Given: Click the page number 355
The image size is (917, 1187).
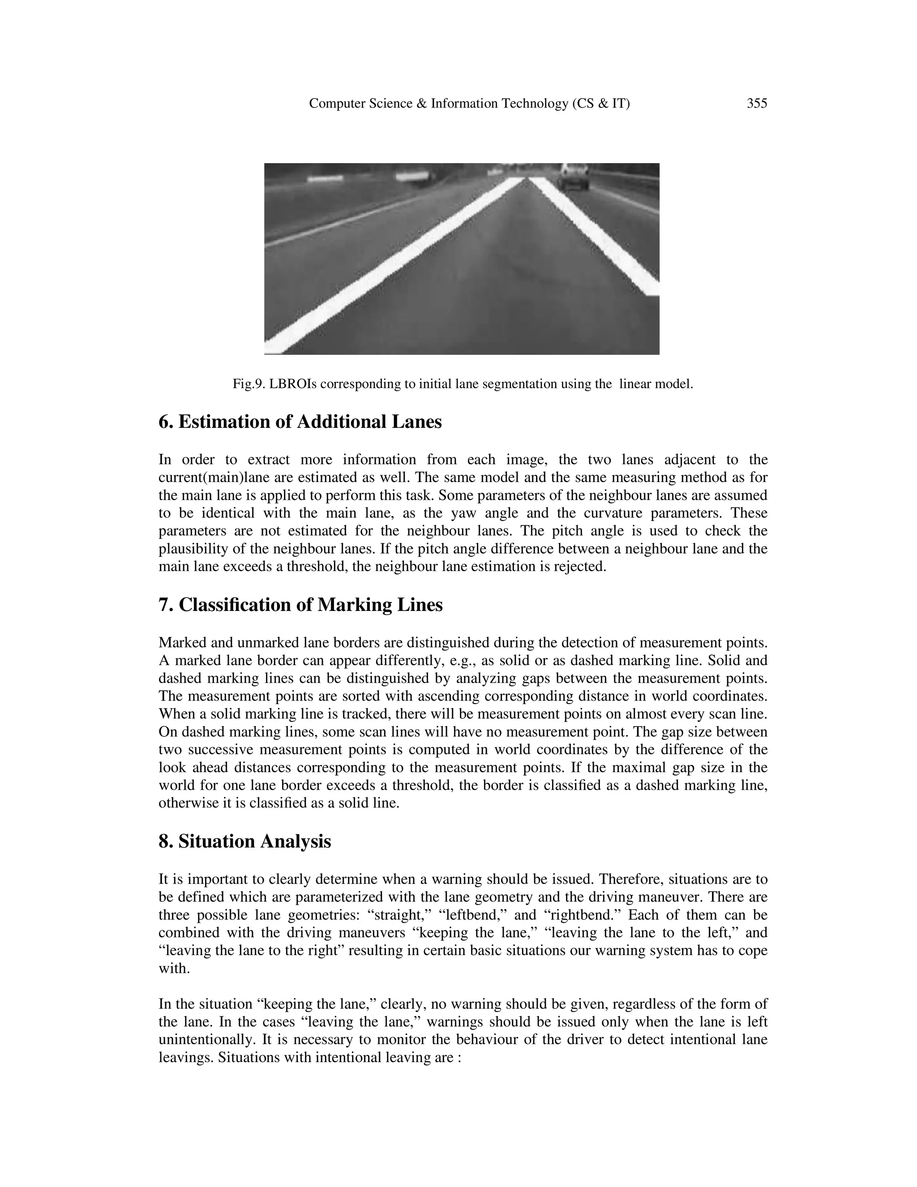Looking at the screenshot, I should (757, 103).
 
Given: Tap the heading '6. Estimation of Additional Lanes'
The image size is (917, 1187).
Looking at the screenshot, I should (300, 422).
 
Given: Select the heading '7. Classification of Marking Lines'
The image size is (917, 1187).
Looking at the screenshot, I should (300, 605).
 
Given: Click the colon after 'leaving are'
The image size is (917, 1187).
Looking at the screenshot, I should (458, 1058).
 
